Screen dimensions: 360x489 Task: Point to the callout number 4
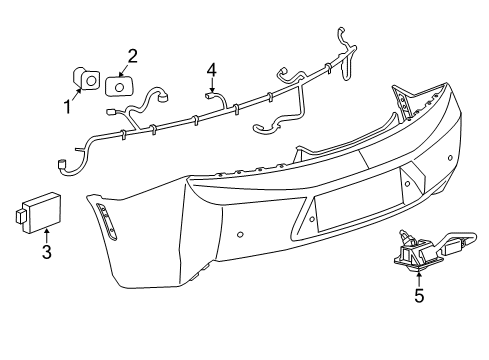pos(211,69)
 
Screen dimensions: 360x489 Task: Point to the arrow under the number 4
pos(211,85)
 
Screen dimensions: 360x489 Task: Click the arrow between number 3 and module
pos(46,235)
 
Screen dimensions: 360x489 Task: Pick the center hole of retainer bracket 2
pos(120,85)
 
